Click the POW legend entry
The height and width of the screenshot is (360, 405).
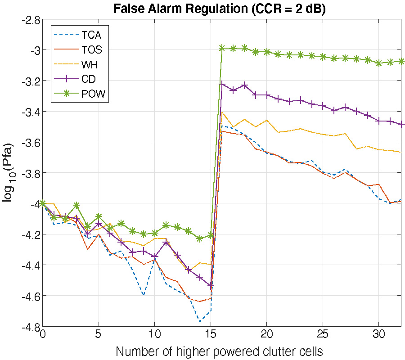pyautogui.click(x=93, y=94)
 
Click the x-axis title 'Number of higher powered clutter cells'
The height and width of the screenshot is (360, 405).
pyautogui.click(x=219, y=351)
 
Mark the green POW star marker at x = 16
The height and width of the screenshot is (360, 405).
pyautogui.click(x=222, y=48)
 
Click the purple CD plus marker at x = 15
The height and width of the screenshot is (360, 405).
pyautogui.click(x=211, y=286)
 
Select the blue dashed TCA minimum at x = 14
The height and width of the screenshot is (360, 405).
pyautogui.click(x=199, y=321)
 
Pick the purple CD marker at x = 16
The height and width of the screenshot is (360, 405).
pyautogui.click(x=222, y=84)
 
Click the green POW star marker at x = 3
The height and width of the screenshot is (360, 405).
pyautogui.click(x=76, y=205)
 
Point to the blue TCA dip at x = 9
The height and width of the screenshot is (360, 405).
pyautogui.click(x=144, y=295)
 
